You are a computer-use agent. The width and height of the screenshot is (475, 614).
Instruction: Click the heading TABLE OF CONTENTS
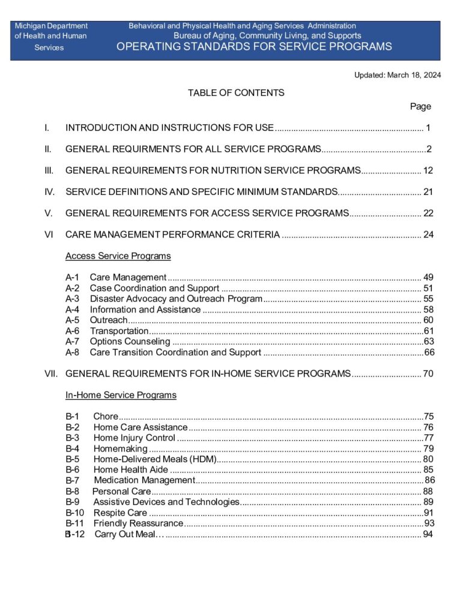pos(236,93)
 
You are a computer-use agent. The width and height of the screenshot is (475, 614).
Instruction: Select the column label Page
pos(420,106)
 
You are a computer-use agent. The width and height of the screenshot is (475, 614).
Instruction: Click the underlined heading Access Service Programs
pos(118,256)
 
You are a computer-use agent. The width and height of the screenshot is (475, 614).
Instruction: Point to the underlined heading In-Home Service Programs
pos(121,395)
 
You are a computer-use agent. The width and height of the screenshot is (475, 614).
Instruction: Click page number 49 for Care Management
pos(428,277)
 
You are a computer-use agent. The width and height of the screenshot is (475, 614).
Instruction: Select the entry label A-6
pos(72,331)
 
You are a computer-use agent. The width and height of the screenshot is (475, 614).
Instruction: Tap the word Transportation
pos(119,331)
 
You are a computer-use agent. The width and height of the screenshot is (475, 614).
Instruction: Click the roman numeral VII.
pos(51,374)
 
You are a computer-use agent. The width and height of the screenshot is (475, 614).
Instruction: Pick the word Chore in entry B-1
pos(106,417)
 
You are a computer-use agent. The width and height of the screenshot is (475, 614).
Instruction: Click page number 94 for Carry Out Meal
pos(428,534)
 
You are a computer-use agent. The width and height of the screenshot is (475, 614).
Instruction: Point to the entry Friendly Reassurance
pos(138,523)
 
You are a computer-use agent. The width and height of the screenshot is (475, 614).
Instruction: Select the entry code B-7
pos(72,480)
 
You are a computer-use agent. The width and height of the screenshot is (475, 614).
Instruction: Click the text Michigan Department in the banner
pos(51,26)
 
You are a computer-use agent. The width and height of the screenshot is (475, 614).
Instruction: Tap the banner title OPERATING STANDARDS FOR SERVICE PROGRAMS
pos(254,47)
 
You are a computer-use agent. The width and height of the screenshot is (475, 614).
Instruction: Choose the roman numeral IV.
pos(50,192)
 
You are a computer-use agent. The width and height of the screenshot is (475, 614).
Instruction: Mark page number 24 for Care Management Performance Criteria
pos(428,234)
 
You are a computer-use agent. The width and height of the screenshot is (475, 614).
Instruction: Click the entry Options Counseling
pos(130,342)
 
